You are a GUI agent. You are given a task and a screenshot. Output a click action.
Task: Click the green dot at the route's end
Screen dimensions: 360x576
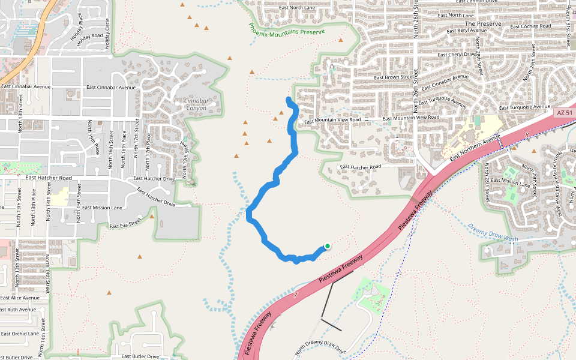pos(328,246)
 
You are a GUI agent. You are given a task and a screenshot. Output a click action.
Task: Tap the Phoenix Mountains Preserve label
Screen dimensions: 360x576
pos(287,29)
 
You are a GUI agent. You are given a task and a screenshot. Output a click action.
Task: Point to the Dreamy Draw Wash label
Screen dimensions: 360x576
pos(493,233)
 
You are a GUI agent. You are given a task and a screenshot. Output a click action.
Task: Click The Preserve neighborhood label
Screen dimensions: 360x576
pos(482,24)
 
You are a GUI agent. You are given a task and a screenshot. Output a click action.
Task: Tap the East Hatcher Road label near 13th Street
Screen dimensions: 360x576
pos(48,178)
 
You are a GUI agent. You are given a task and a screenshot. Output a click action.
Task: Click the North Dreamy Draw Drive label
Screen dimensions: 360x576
pos(321,350)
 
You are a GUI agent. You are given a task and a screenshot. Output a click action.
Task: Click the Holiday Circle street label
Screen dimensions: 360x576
pos(107,34)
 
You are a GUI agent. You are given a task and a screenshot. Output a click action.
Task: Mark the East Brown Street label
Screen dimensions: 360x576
pos(394,77)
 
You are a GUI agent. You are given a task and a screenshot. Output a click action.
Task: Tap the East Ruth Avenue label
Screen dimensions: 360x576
pos(18,310)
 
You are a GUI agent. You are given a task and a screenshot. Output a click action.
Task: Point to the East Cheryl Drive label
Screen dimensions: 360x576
pos(457,55)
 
